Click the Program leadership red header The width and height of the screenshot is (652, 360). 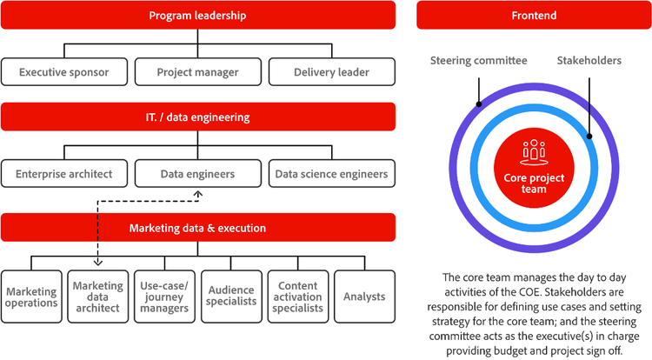[x=198, y=16]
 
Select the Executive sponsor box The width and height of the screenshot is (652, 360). [x=64, y=72]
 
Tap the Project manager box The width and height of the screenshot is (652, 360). [x=197, y=72]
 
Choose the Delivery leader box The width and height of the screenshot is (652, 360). [x=331, y=72]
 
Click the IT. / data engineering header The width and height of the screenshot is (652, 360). [x=198, y=117]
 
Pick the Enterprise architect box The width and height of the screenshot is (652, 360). [x=64, y=174]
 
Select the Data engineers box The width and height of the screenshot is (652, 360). [x=197, y=174]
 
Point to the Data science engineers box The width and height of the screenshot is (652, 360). [x=331, y=174]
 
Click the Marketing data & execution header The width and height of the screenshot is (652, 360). [x=198, y=228]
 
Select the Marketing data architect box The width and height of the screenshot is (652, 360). [x=97, y=297]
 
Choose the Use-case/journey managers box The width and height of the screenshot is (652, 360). [x=164, y=297]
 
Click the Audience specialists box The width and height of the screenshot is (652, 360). [x=231, y=297]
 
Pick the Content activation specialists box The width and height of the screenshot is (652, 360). [x=298, y=297]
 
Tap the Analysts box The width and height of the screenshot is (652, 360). [x=364, y=297]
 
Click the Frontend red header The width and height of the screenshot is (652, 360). [x=535, y=16]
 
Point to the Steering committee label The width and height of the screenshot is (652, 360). [x=478, y=61]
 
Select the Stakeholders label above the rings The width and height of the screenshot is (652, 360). [x=589, y=61]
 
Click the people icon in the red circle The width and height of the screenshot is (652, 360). [x=533, y=150]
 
